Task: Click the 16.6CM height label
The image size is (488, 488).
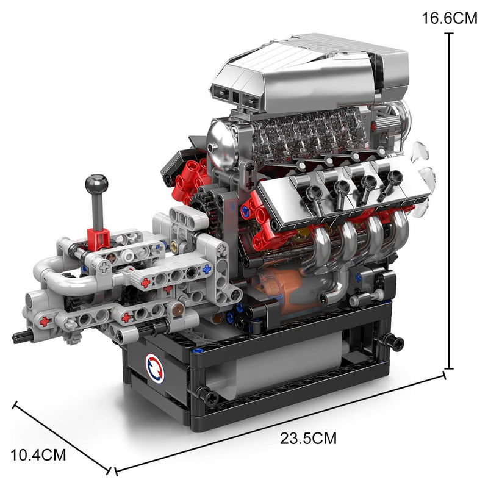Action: [x=450, y=18]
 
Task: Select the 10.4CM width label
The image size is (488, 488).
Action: [x=38, y=454]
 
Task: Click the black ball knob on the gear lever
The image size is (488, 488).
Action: [x=96, y=184]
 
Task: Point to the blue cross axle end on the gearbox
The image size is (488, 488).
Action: [x=207, y=268]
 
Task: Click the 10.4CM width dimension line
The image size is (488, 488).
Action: [x=61, y=437]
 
